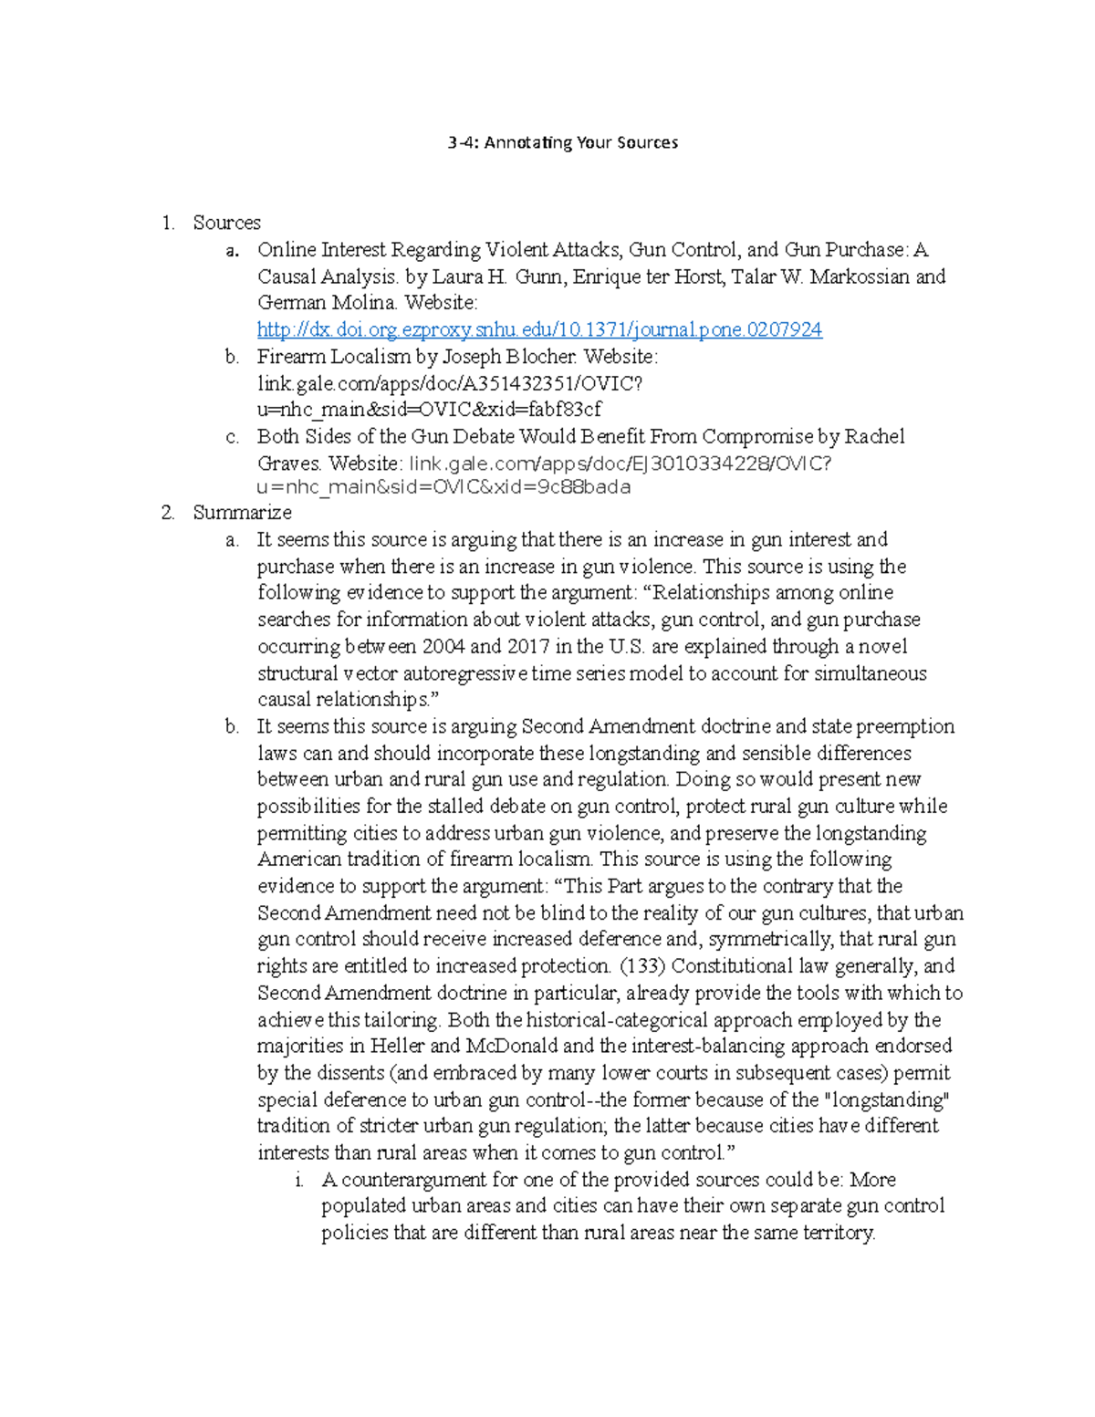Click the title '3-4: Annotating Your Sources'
(563, 142)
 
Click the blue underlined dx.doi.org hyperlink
(539, 329)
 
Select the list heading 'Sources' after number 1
(226, 223)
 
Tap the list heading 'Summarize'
(242, 512)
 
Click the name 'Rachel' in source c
(874, 436)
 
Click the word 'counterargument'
(414, 1179)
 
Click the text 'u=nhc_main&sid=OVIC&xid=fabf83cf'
(429, 409)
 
